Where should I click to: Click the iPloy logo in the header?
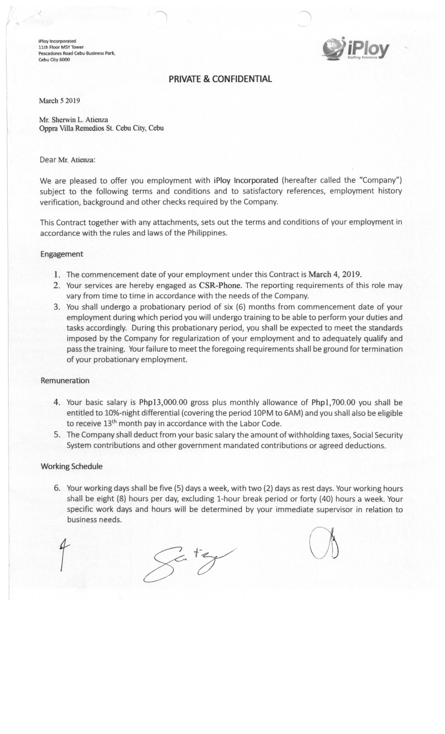pyautogui.click(x=355, y=48)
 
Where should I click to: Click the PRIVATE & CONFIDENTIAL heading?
pyautogui.click(x=220, y=79)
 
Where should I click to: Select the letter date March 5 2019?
pyautogui.click(x=59, y=101)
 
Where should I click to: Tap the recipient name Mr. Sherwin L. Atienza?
pyautogui.click(x=73, y=120)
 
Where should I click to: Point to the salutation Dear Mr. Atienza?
pyautogui.click(x=68, y=160)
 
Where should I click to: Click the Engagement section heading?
pyautogui.click(x=62, y=254)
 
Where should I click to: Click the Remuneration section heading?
pyautogui.click(x=65, y=381)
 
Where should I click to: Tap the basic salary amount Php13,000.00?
pyautogui.click(x=163, y=402)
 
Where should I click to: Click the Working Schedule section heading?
pyautogui.click(x=71, y=467)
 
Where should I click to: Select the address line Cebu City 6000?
pyautogui.click(x=54, y=60)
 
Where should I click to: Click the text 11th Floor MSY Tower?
pyautogui.click(x=61, y=47)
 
